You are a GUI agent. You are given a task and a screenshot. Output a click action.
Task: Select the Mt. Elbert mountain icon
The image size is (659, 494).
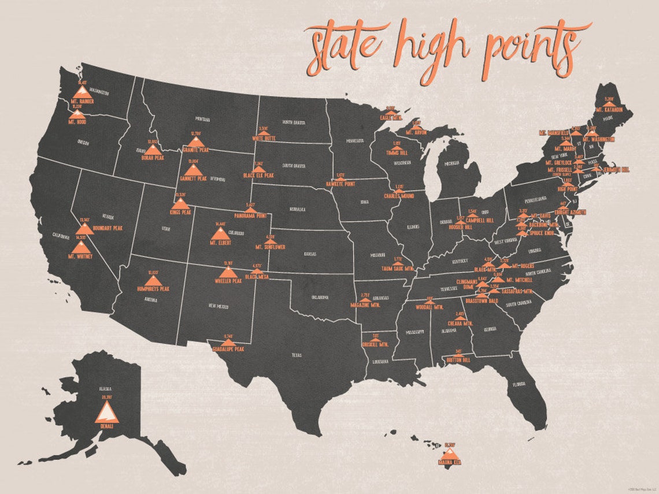[x=220, y=233]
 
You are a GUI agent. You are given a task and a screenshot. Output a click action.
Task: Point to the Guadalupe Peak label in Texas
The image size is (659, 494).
[x=228, y=350]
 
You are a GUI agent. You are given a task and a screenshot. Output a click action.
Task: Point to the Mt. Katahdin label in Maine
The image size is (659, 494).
[x=609, y=109]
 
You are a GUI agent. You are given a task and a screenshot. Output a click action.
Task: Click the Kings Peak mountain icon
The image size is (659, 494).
[x=180, y=203]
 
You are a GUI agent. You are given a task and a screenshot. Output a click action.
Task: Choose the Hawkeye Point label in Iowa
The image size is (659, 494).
[x=341, y=184]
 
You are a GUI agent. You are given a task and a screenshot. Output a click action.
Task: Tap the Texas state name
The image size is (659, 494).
[x=297, y=356]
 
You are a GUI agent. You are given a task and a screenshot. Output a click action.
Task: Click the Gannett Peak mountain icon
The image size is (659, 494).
[x=194, y=169]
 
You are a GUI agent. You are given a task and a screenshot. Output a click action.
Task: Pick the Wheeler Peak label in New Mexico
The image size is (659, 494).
[x=228, y=281]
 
